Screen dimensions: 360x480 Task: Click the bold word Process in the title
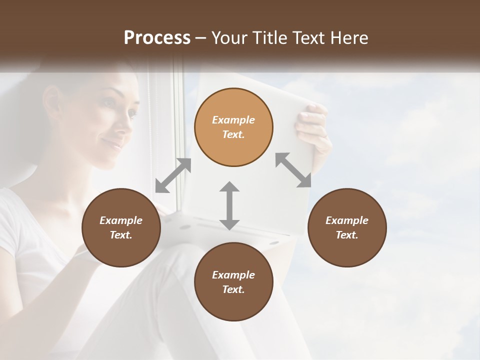(157, 38)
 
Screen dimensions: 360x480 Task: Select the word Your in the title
(228, 38)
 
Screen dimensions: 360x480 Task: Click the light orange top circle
(233, 127)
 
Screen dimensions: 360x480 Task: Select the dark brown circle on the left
(121, 227)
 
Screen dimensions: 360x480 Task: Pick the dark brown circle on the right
(346, 227)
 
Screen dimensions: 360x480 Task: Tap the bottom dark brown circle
(233, 282)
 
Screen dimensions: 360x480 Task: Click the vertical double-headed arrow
(229, 205)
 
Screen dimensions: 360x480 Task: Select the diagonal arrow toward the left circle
(173, 175)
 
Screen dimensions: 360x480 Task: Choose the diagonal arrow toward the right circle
(293, 170)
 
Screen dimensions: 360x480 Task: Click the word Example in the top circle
(233, 120)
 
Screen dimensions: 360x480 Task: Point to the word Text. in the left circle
(121, 235)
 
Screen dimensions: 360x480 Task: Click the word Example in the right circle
(346, 220)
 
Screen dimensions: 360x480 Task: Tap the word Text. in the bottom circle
(233, 289)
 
